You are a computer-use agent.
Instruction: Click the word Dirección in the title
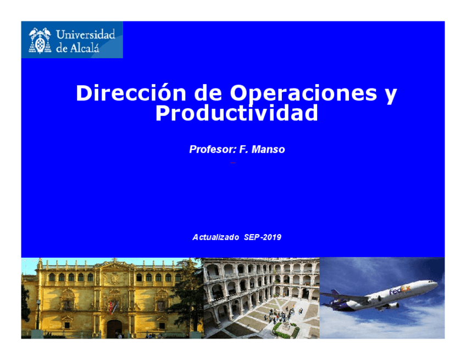click(x=131, y=93)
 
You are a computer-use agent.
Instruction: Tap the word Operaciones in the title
click(x=303, y=94)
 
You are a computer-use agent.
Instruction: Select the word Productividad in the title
click(x=236, y=113)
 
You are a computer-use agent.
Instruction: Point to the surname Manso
click(x=268, y=149)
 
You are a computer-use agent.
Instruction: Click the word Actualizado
click(x=216, y=237)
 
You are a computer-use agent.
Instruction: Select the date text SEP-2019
click(x=263, y=237)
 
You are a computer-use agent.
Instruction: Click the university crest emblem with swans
click(x=40, y=41)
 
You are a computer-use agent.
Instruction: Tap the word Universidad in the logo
click(x=86, y=34)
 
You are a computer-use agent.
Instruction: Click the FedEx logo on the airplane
click(x=400, y=290)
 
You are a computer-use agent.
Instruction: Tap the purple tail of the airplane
click(x=335, y=293)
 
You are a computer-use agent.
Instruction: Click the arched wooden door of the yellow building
click(x=114, y=329)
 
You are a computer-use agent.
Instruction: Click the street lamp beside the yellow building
click(x=38, y=314)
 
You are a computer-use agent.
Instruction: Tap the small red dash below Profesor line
click(x=233, y=163)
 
